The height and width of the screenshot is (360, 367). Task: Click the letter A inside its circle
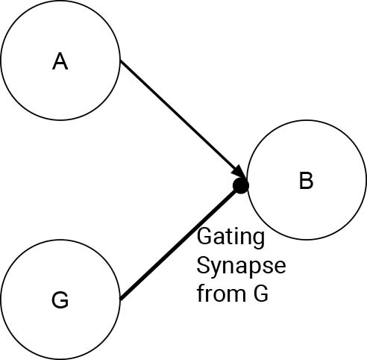pyautogui.click(x=60, y=61)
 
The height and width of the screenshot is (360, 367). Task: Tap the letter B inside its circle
pyautogui.click(x=306, y=181)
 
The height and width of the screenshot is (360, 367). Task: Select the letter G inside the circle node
pyautogui.click(x=60, y=300)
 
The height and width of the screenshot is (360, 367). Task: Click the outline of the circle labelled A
pyautogui.click(x=60, y=1)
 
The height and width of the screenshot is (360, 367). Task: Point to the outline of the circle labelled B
pyautogui.click(x=307, y=120)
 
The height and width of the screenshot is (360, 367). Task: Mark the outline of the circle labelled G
pyautogui.click(x=60, y=240)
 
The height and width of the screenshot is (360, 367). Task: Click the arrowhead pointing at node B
pyautogui.click(x=239, y=172)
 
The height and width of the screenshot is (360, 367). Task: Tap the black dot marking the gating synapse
pyautogui.click(x=241, y=185)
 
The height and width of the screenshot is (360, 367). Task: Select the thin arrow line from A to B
pyautogui.click(x=182, y=119)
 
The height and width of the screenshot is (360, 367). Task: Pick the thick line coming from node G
pyautogui.click(x=178, y=243)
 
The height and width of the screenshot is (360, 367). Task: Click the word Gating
pyautogui.click(x=230, y=238)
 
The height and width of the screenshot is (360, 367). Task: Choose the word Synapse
pyautogui.click(x=241, y=267)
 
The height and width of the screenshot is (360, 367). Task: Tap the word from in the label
pyautogui.click(x=222, y=293)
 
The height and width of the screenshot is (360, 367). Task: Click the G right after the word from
pyautogui.click(x=261, y=294)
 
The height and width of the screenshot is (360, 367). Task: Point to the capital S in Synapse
pyautogui.click(x=204, y=265)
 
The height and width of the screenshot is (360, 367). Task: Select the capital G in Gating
pyautogui.click(x=205, y=237)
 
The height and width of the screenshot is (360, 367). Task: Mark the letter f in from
pyautogui.click(x=201, y=293)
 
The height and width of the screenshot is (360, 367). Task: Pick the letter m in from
pyautogui.click(x=236, y=296)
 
